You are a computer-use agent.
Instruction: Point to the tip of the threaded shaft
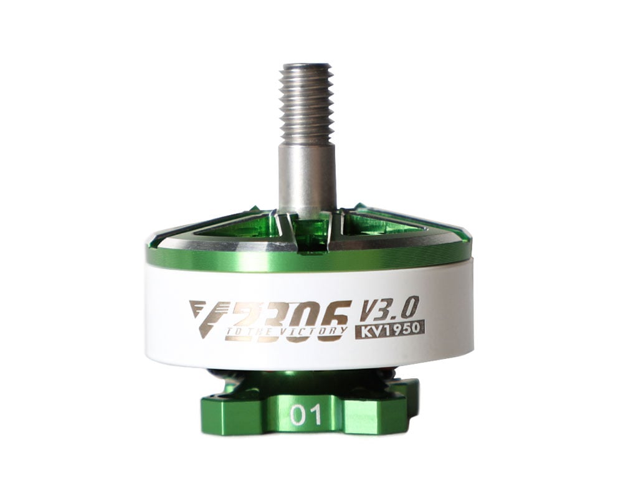[x=305, y=65]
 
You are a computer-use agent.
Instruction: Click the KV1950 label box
[x=390, y=328]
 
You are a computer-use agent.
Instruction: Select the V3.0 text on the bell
[x=390, y=307]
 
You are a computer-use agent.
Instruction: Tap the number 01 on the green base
[x=307, y=416]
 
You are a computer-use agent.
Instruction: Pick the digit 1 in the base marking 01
[x=315, y=416]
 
